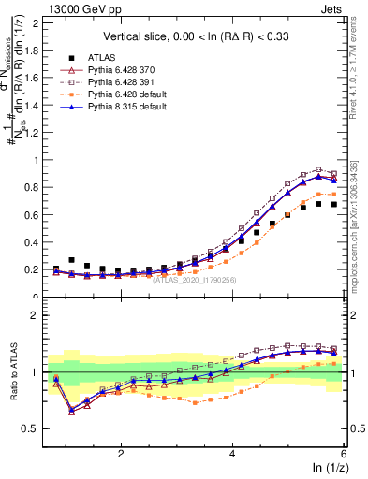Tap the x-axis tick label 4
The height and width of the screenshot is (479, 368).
tap(232, 452)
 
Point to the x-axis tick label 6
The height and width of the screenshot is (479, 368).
tap(344, 452)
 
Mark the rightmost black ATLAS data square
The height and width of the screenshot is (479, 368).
tap(334, 204)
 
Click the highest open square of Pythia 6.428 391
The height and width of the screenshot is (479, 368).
tap(319, 169)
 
